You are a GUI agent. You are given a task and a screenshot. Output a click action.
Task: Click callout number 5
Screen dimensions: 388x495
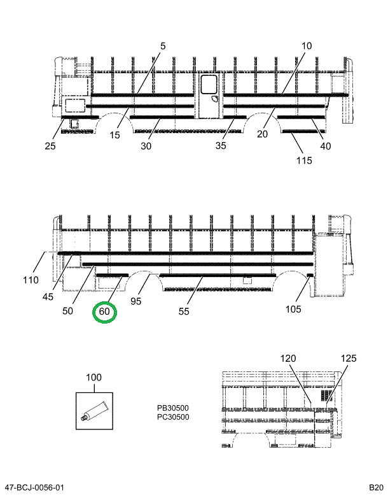pyautogui.click(x=162, y=46)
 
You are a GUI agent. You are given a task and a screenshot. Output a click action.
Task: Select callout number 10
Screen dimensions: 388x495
pyautogui.click(x=307, y=46)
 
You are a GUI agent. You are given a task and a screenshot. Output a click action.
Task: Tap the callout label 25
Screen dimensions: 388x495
pyautogui.click(x=50, y=146)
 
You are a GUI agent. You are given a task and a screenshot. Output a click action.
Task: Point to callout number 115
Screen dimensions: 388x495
pyautogui.click(x=303, y=160)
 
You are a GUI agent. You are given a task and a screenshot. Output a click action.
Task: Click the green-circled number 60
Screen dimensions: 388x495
pyautogui.click(x=104, y=312)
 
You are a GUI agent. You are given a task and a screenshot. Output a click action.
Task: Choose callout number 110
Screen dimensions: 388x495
pyautogui.click(x=31, y=280)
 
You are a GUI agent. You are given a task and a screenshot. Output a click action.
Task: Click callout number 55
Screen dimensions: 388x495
pyautogui.click(x=184, y=312)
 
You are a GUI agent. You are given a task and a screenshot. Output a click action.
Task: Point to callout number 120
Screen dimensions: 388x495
pyautogui.click(x=289, y=359)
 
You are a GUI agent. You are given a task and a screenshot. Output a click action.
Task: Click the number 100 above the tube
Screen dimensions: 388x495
pyautogui.click(x=94, y=378)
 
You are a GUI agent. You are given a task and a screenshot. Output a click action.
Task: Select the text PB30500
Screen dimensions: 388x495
pyautogui.click(x=173, y=408)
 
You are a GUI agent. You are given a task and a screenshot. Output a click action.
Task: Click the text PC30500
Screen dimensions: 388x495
pyautogui.click(x=173, y=417)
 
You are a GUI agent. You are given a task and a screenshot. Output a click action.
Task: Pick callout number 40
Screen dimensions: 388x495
pyautogui.click(x=326, y=146)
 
